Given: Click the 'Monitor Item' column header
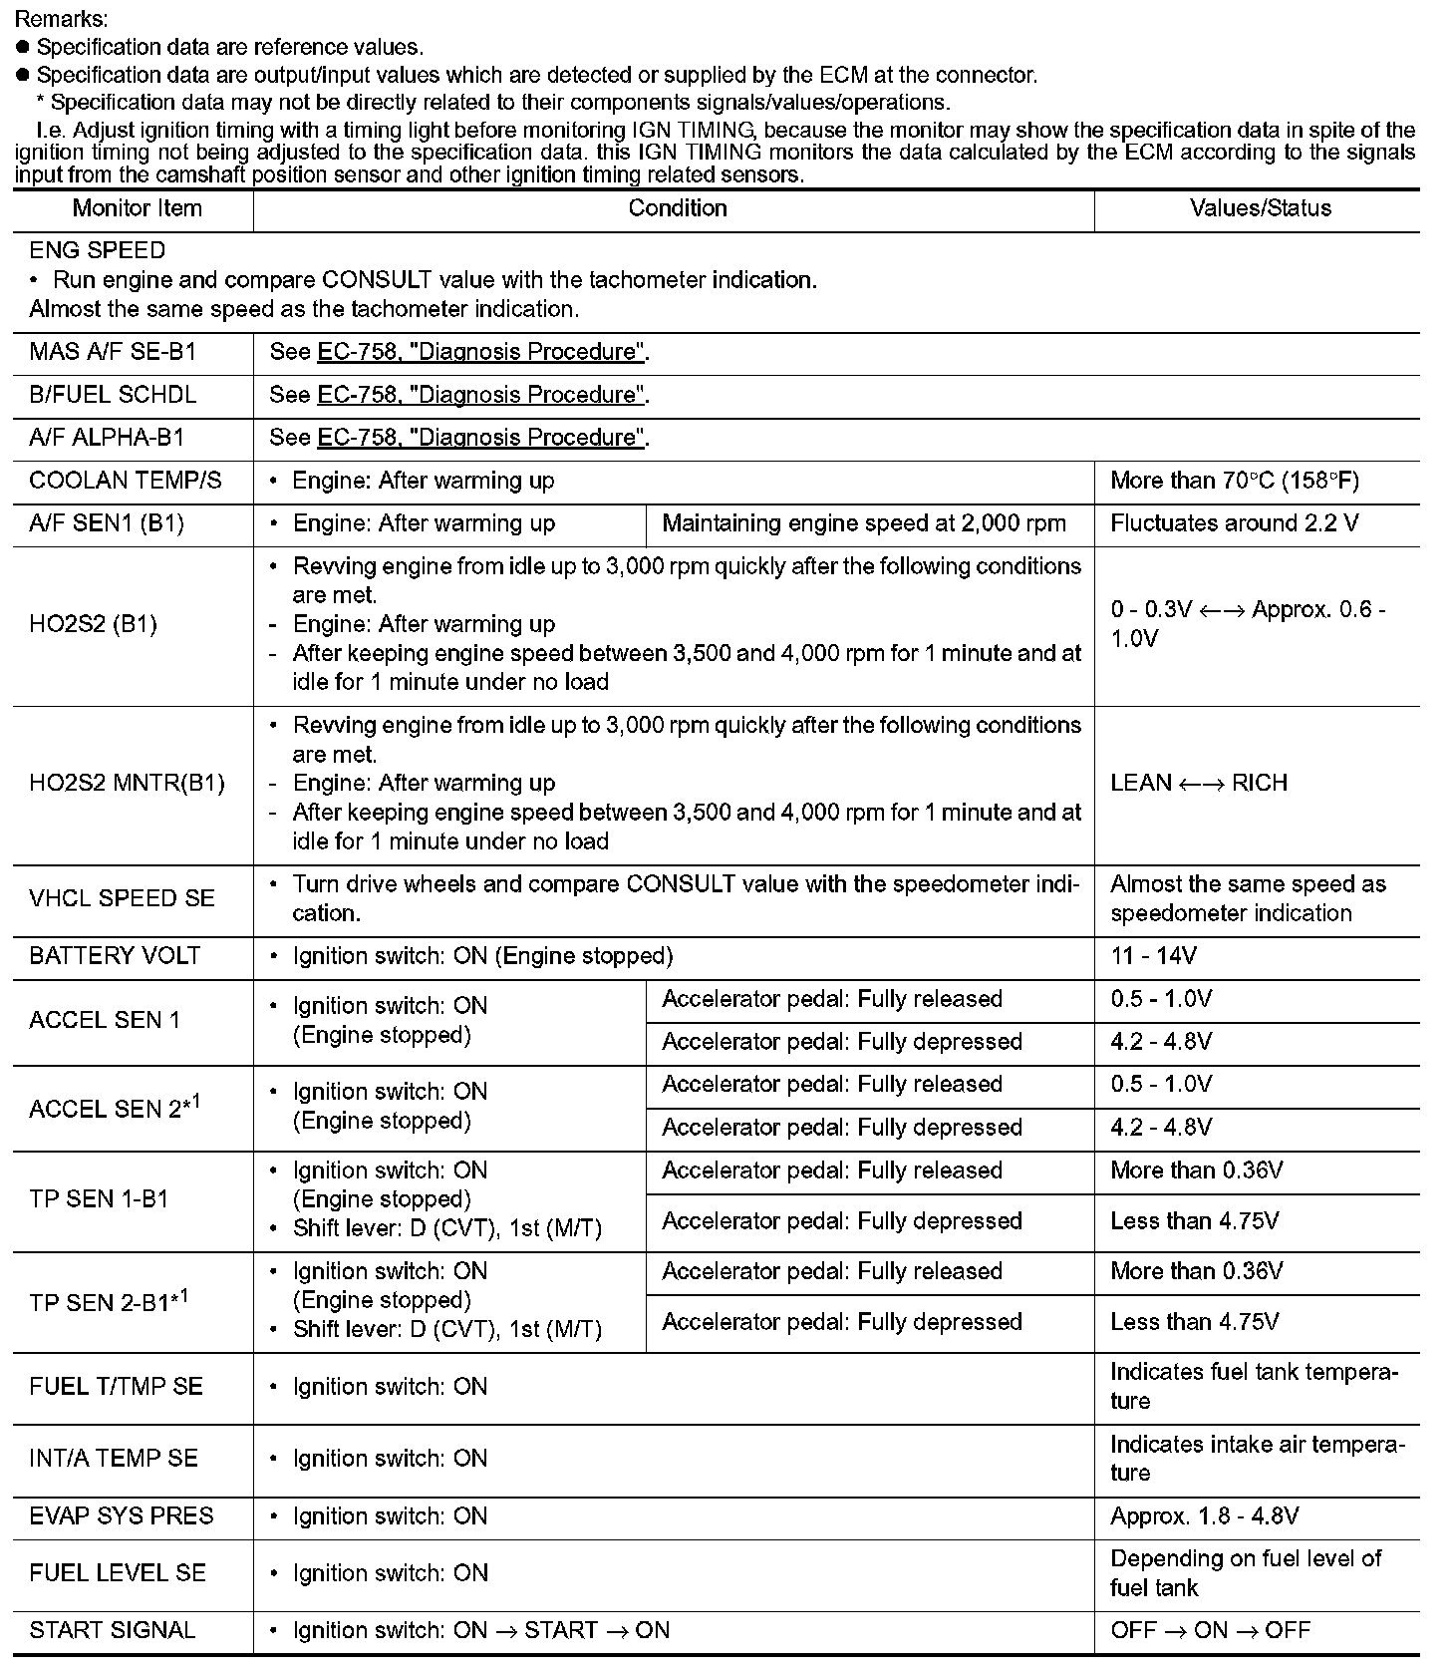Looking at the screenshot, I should [x=137, y=208].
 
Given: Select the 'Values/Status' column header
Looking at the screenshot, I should [x=1261, y=208].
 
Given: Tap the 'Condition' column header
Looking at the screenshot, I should [x=677, y=208].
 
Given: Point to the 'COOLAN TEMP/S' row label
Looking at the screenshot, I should [x=126, y=481].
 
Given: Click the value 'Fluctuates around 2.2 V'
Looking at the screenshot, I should [x=1234, y=523].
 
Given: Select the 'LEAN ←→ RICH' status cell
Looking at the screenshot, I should [x=1199, y=783].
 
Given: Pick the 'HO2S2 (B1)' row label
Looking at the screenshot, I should [x=93, y=624].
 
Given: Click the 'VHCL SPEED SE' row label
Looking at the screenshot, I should [x=122, y=898].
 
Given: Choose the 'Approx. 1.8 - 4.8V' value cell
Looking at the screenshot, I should [x=1204, y=1516].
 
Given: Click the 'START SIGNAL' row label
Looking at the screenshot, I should [x=112, y=1630].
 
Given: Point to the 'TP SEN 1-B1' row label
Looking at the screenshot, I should [x=99, y=1199].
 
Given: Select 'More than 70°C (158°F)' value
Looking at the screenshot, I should [x=1234, y=481].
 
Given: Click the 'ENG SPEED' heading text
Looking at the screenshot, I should [x=97, y=250].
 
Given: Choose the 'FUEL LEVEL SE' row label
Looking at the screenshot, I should [x=118, y=1573].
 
